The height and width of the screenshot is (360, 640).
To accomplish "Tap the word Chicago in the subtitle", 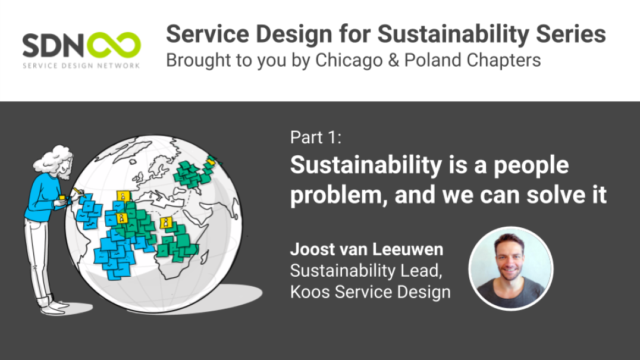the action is pyautogui.click(x=349, y=61).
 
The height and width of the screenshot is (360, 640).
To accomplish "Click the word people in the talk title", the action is pyautogui.click(x=531, y=166).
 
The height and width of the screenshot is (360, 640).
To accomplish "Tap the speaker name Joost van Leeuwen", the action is pyautogui.click(x=366, y=249).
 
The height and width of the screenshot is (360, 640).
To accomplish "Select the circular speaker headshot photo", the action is pyautogui.click(x=510, y=268).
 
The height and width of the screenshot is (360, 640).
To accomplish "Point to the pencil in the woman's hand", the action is pyautogui.click(x=78, y=192).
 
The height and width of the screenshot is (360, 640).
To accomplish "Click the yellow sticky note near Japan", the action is pyautogui.click(x=210, y=162).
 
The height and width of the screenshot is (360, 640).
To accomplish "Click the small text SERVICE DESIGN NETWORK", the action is pyautogui.click(x=81, y=65).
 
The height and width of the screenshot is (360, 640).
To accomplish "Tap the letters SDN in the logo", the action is pyautogui.click(x=53, y=45).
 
